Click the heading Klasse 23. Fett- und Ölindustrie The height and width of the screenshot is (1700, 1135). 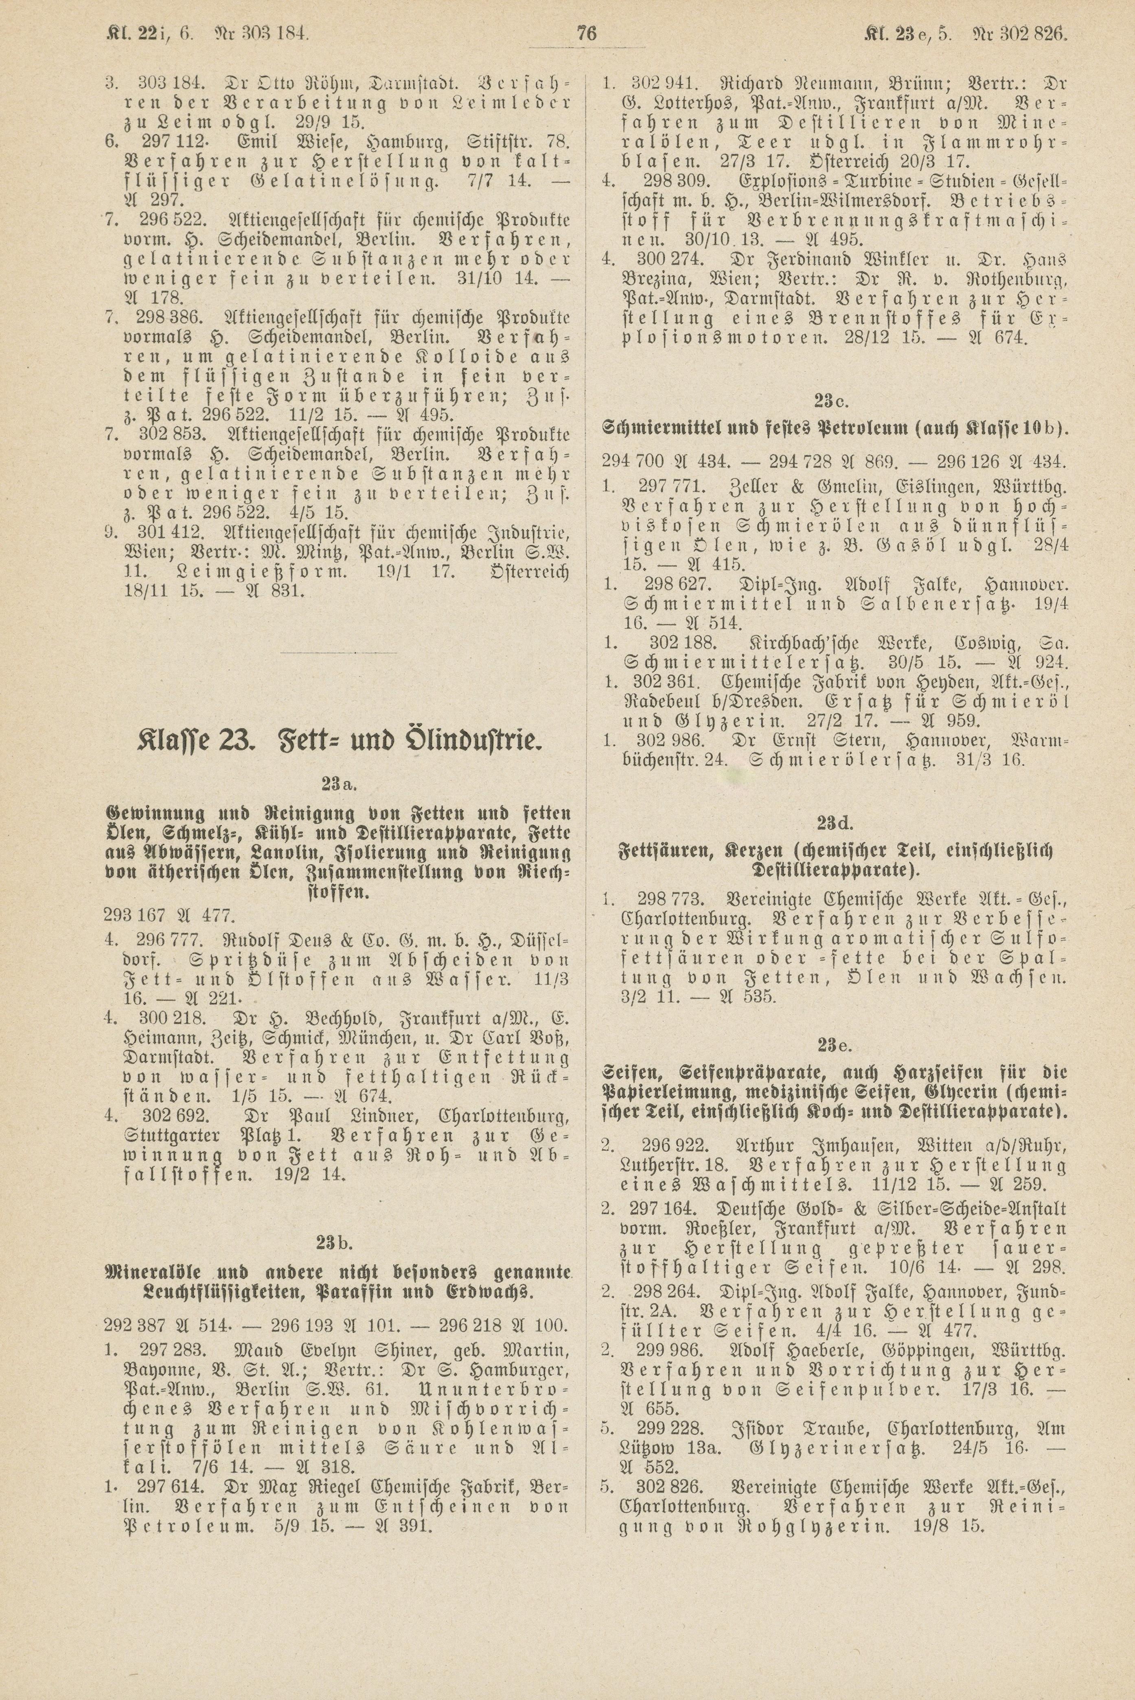pos(338,741)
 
